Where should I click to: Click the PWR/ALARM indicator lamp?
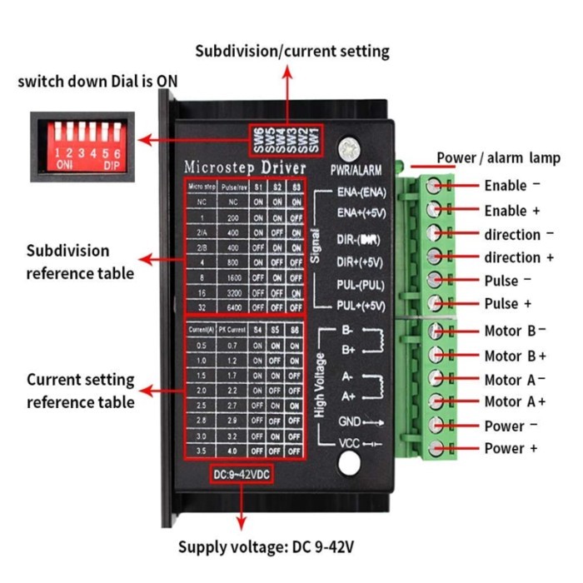tap(356, 151)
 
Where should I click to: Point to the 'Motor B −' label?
tap(515, 331)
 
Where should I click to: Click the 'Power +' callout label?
tap(511, 449)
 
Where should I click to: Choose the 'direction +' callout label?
tap(518, 257)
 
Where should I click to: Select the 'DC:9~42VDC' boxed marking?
tap(241, 474)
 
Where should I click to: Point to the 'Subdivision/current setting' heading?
tap(292, 52)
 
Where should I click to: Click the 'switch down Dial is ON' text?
tap(97, 82)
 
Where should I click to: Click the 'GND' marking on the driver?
tap(349, 421)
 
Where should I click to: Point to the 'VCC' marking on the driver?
tap(350, 443)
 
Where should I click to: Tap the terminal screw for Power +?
tap(435, 449)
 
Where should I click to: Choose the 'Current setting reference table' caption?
tap(80, 391)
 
